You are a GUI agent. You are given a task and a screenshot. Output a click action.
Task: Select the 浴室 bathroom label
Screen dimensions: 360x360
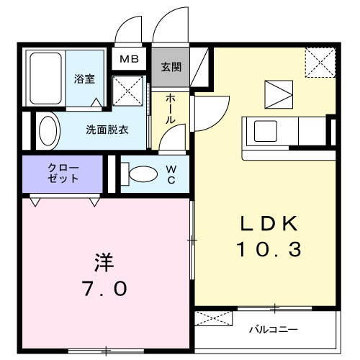(x=84, y=79)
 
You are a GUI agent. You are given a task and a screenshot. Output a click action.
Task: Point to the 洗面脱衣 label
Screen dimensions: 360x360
(x=107, y=130)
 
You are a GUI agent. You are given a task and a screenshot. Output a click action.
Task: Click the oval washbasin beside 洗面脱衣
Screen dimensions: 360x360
(x=49, y=132)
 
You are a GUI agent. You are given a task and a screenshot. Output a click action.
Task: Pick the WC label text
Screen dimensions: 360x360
(x=171, y=175)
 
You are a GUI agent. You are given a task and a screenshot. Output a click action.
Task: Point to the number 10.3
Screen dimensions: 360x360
(x=268, y=250)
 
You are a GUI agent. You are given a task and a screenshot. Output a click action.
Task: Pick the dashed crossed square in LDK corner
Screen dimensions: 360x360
(x=320, y=62)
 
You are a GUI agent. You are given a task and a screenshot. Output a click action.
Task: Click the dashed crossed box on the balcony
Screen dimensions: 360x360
(x=215, y=318)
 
